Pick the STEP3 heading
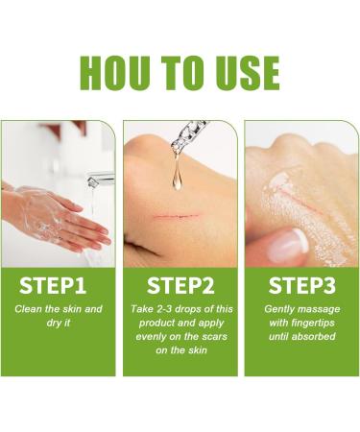(300, 285)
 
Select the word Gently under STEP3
(281, 309)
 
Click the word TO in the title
(182, 73)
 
